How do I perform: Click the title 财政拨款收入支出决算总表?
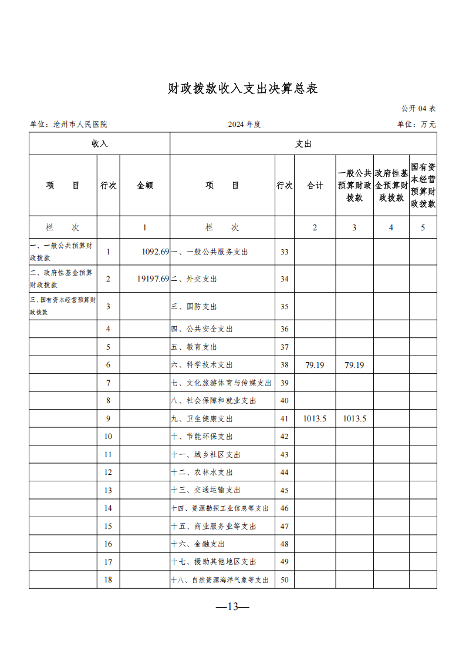click(242, 89)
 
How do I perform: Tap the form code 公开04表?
click(418, 109)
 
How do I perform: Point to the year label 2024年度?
click(244, 125)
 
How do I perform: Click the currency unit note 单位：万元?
click(417, 125)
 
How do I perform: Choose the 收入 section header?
click(99, 143)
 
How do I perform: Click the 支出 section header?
click(303, 143)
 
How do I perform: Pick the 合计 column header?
click(315, 185)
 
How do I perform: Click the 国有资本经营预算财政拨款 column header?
click(423, 185)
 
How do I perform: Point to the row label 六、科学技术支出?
click(202, 365)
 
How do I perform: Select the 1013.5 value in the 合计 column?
click(315, 418)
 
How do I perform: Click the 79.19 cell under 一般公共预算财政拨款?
click(354, 365)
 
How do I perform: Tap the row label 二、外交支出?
click(194, 279)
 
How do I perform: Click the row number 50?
click(285, 580)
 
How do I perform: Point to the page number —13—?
click(233, 607)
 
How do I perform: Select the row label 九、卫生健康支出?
click(202, 419)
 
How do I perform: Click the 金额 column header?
click(145, 185)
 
